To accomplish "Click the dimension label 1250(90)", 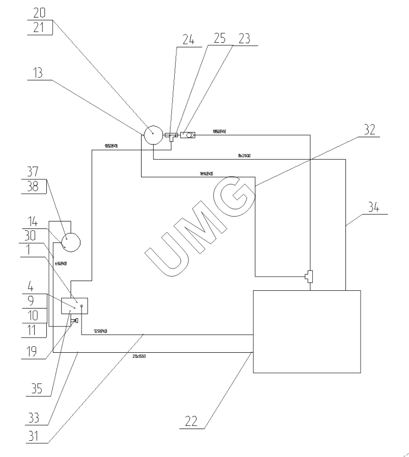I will click(100, 331).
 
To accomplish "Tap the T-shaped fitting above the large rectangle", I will click(309, 276).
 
